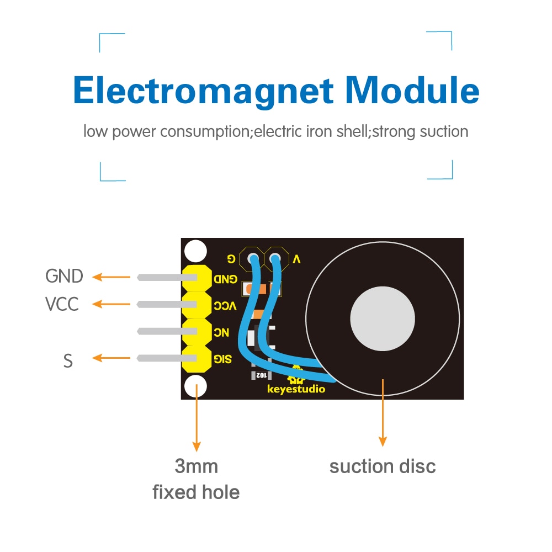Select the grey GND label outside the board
click(64, 276)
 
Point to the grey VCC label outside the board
click(62, 304)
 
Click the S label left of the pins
click(68, 361)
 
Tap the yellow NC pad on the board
click(198, 332)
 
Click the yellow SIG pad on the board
click(198, 359)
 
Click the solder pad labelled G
click(253, 258)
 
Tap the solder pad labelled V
click(276, 258)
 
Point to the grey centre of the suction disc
click(382, 319)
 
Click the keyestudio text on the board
click(296, 390)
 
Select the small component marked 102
click(261, 375)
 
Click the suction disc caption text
click(383, 466)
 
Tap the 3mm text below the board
click(196, 466)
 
